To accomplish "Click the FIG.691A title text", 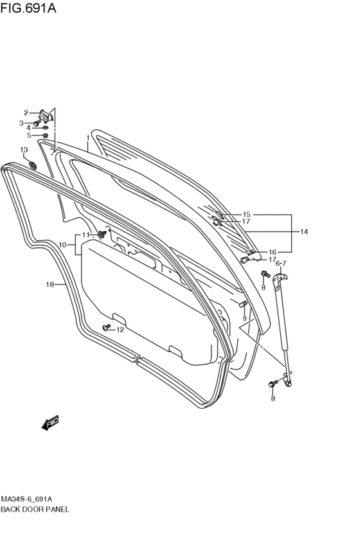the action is coord(28,8).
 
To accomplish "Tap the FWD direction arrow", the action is coord(50,422).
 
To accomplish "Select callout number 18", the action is coord(50,285).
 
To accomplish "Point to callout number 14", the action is coord(304,231).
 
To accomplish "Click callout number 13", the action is coord(24,150).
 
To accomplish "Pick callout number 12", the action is coord(120,330).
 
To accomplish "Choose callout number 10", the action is coord(62,245).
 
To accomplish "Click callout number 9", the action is coord(244,318).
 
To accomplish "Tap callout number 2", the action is coord(26,112).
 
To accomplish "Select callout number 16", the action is coord(273,252).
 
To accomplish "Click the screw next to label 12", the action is coord(107,327).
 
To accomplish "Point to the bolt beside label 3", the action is coord(38,123).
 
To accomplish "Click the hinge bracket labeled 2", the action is coord(46,116).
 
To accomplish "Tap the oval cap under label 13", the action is coord(32,165).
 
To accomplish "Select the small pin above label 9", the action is coord(243,304).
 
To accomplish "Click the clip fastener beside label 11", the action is coord(102,235).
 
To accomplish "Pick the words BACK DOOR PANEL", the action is coord(35,509).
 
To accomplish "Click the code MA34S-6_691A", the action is coord(26,499).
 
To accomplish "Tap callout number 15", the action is coord(247,215).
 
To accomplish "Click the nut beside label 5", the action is coord(45,135).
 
